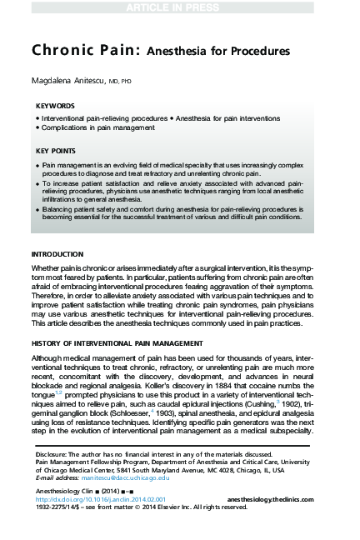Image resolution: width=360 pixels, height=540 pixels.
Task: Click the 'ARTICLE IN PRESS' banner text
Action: click(179, 8)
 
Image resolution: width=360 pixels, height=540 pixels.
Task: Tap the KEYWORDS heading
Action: click(55, 107)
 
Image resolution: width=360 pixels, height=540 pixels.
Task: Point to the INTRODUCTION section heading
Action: click(57, 253)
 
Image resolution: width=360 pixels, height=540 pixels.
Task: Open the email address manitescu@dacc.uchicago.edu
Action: click(132, 478)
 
